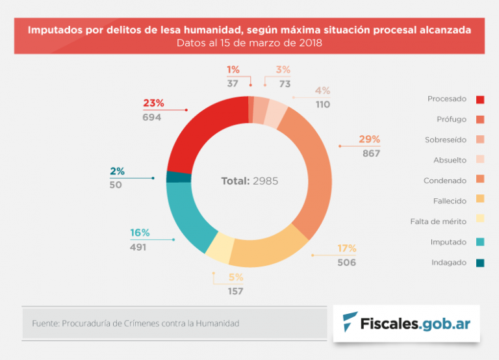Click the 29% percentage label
point(369,140)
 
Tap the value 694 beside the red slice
point(152,117)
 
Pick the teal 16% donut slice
point(189,215)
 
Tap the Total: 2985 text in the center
point(249,181)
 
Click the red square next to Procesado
point(480,99)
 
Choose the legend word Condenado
point(445,181)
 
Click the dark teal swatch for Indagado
point(480,263)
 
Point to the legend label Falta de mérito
point(439,222)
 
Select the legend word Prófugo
point(451,120)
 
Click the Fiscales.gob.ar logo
point(406,323)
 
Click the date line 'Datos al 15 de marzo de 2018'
point(249,44)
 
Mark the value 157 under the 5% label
point(235,291)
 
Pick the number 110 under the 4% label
point(323,104)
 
